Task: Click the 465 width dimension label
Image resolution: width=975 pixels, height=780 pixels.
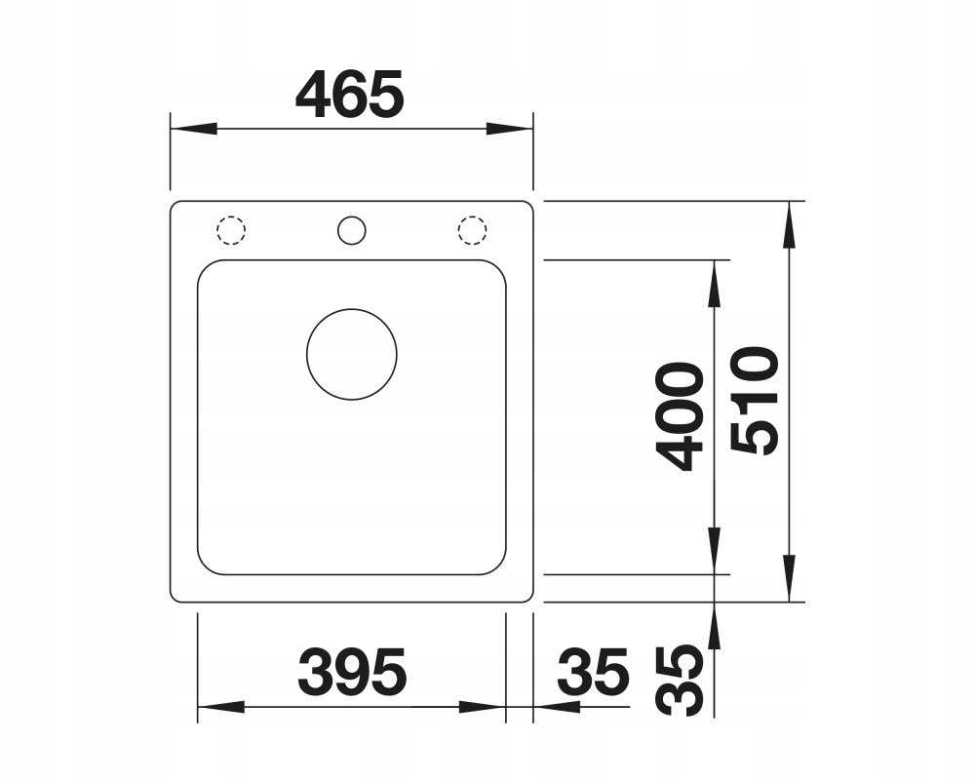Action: coord(350,94)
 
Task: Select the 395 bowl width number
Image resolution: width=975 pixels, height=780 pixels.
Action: coord(352,672)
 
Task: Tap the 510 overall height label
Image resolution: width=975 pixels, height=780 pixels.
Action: coord(755,401)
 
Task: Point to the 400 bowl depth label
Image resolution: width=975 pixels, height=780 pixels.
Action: coord(680,416)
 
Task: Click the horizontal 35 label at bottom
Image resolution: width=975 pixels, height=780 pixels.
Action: coord(593,672)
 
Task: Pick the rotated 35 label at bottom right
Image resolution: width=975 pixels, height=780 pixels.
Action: coord(680,680)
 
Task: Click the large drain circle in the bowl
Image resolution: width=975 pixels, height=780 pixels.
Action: coord(352,355)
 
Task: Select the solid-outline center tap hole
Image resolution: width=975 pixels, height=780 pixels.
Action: coord(351,230)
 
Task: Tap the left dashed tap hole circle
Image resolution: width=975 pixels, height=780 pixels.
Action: coord(231,230)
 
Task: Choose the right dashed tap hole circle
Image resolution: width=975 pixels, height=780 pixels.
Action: coord(472,230)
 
